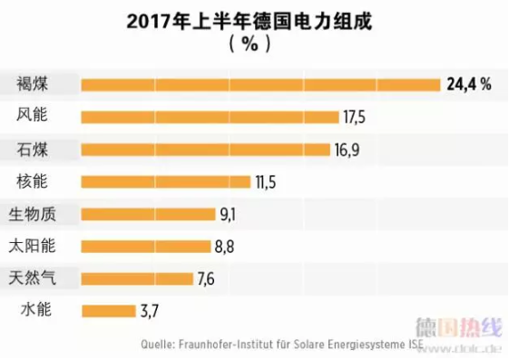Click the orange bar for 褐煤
click(260, 85)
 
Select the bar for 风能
click(210, 117)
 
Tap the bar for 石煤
click(206, 150)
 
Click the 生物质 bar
click(148, 215)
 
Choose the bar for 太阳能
click(145, 247)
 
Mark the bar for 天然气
click(137, 278)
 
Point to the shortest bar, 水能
click(108, 311)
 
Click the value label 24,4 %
click(468, 85)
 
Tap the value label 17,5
click(354, 117)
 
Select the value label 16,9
click(347, 150)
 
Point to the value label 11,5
click(265, 182)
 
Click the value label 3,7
click(150, 311)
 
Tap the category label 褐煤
click(32, 84)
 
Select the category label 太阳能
click(32, 246)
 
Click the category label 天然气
click(32, 277)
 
